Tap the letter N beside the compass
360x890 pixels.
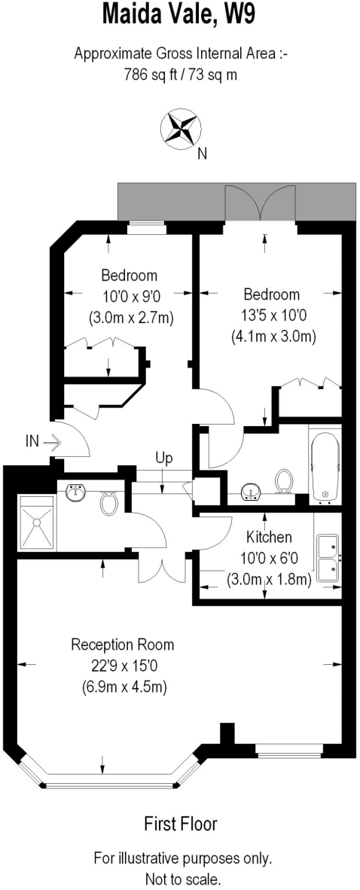click(x=201, y=154)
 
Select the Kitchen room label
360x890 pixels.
click(x=270, y=538)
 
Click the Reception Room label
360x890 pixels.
click(x=122, y=645)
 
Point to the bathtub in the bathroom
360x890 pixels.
click(x=325, y=466)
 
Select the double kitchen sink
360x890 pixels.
click(x=328, y=559)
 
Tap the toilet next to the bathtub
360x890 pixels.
click(x=285, y=480)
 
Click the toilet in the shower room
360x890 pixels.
click(x=108, y=501)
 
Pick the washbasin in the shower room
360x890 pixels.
click(x=76, y=493)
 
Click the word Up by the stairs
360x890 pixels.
click(x=164, y=457)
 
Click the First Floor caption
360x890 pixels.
click(x=180, y=824)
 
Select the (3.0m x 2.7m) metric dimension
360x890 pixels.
click(x=130, y=317)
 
